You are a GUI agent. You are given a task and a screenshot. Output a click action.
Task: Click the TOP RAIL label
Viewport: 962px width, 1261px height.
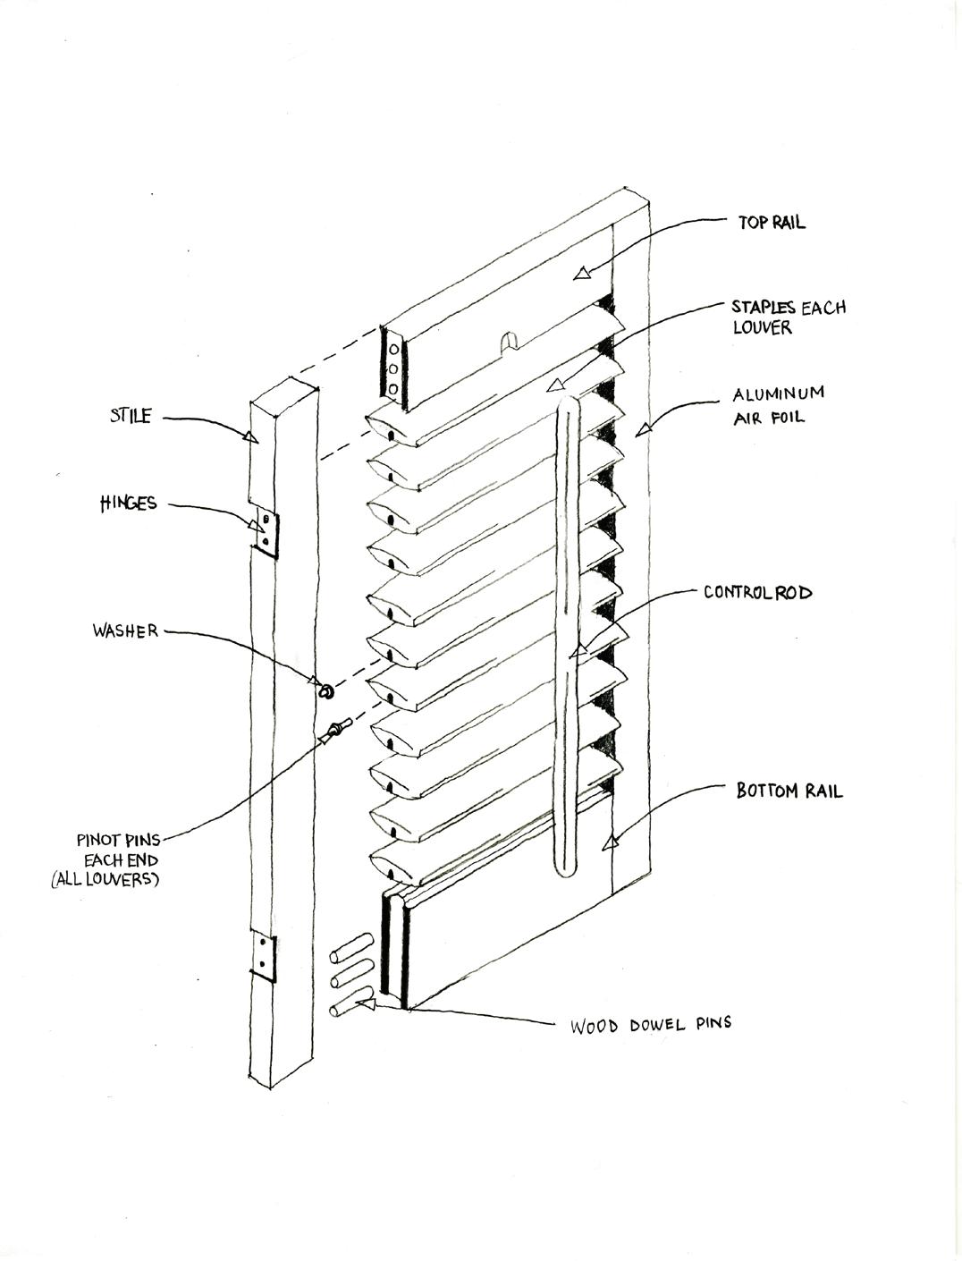(772, 223)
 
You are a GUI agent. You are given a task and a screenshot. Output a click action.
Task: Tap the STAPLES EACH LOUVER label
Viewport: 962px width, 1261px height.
(788, 317)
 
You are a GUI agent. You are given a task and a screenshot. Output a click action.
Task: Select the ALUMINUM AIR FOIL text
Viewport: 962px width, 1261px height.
(778, 405)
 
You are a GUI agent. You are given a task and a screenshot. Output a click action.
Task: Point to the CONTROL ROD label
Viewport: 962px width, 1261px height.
(757, 592)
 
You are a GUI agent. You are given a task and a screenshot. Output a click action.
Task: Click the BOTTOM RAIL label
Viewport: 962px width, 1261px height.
(789, 791)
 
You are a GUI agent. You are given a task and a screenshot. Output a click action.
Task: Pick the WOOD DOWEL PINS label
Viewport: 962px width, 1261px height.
(651, 1023)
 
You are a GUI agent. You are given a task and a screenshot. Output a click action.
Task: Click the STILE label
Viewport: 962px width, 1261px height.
(131, 416)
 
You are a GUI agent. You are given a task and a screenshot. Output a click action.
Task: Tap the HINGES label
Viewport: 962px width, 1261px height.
(128, 504)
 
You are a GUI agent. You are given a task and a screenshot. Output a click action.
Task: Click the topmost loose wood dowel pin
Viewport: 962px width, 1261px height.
(351, 944)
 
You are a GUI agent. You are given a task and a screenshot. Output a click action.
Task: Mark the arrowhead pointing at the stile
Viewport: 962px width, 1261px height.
(249, 436)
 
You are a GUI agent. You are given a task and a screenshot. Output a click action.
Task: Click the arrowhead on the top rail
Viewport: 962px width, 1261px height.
(582, 273)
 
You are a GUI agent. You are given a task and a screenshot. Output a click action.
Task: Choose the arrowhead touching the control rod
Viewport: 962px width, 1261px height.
(578, 650)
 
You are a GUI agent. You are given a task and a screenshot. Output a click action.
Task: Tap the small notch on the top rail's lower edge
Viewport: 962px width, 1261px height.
(507, 342)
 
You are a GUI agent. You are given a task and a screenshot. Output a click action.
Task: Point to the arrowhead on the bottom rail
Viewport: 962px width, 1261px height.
(612, 841)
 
